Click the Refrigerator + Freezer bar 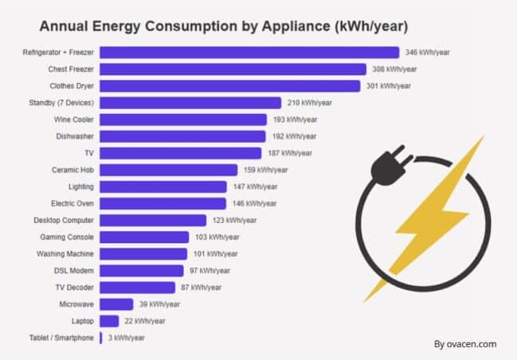[249, 53]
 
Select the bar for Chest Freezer [233, 69]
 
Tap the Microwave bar [116, 304]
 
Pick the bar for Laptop [109, 321]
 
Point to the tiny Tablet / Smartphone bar [101, 338]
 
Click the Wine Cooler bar [183, 119]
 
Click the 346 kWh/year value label [427, 53]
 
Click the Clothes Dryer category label [72, 86]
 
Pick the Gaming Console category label [68, 237]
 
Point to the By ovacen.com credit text [465, 344]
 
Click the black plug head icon [390, 168]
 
